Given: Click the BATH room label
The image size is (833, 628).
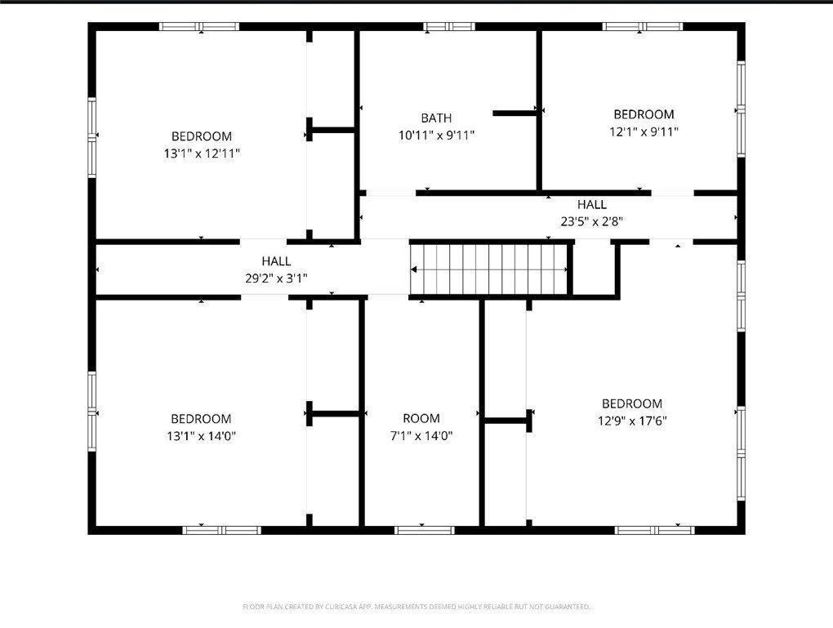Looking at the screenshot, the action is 436,118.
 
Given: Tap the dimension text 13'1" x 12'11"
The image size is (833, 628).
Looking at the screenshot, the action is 202,154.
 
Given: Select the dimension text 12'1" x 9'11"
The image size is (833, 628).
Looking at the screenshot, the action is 644,131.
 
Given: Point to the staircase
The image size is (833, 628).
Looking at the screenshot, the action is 489,269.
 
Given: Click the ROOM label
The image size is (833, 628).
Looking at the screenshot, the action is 421,418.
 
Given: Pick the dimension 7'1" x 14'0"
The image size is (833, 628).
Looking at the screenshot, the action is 421,436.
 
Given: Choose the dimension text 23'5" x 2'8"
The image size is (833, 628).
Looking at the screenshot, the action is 592,221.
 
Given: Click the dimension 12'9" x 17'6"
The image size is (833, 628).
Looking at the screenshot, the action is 632,421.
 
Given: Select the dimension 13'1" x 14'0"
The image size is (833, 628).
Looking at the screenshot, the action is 202,436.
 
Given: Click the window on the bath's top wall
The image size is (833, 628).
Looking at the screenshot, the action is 449,27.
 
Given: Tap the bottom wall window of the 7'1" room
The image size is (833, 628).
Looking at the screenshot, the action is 424,530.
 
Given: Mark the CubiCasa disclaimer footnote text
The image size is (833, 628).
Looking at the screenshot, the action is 416,606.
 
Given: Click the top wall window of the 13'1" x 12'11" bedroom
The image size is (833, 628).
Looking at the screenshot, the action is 199,27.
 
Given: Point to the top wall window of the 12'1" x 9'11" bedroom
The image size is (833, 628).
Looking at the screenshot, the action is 642,27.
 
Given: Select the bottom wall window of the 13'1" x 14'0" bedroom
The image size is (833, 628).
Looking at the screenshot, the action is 222,530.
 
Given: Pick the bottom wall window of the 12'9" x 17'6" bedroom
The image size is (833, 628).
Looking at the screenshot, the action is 654,530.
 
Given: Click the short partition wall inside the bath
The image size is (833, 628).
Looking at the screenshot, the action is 514,113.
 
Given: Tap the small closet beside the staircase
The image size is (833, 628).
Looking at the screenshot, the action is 594,269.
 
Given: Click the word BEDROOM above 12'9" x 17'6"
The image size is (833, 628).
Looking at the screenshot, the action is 632,403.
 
